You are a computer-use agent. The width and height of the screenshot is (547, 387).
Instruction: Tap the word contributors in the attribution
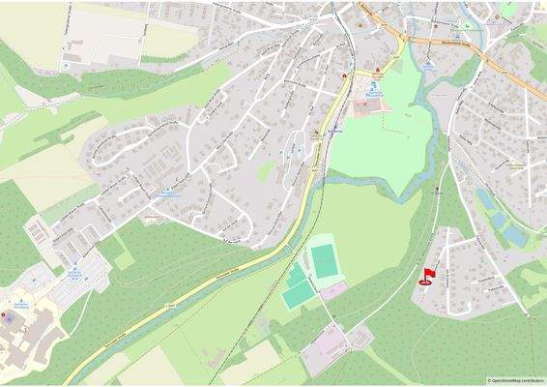[x=533, y=381]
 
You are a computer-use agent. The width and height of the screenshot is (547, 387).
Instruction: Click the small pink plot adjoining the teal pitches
[x=334, y=289]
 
